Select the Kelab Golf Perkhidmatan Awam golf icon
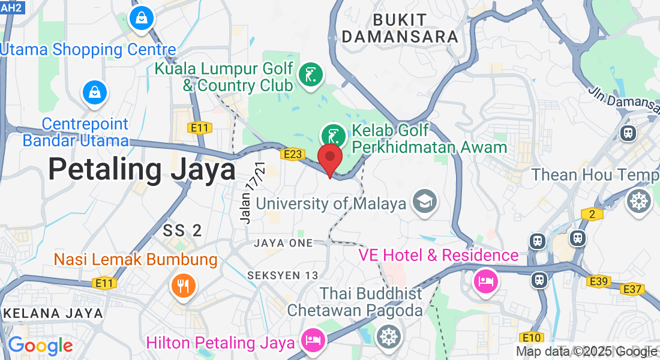[333, 135]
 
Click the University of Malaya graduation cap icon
[425, 202]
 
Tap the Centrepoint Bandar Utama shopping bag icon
[95, 92]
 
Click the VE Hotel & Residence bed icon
[485, 281]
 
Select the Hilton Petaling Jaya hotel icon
[313, 340]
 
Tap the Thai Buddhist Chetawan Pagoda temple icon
[388, 337]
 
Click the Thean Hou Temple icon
[638, 201]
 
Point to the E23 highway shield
[292, 155]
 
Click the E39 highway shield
[599, 281]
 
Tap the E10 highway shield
[532, 337]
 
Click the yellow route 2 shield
[592, 214]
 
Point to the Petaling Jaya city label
[142, 169]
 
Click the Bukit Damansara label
[400, 28]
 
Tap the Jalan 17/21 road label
[252, 193]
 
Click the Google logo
[40, 346]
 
